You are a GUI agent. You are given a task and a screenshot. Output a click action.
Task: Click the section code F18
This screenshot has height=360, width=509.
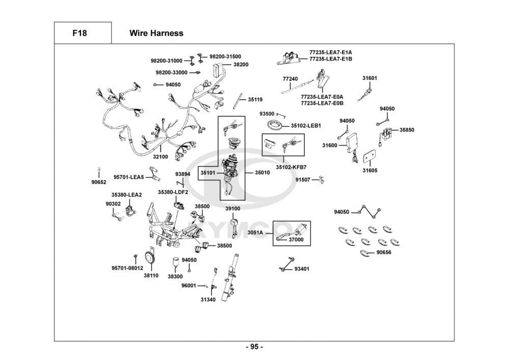click(79, 33)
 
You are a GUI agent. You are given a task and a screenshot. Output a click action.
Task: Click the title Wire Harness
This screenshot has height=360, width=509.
click(156, 33)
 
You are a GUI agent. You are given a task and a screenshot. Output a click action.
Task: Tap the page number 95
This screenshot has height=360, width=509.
click(254, 347)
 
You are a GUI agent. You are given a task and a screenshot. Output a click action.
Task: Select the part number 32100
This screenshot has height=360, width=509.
click(161, 157)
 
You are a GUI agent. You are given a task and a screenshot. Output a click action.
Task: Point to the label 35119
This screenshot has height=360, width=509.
click(256, 99)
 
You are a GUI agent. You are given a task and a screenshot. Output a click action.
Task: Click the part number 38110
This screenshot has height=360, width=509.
click(151, 275)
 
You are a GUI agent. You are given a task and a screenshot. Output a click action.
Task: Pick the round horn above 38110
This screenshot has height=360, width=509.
click(150, 258)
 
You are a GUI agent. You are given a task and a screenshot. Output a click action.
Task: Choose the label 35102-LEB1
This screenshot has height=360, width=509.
click(305, 126)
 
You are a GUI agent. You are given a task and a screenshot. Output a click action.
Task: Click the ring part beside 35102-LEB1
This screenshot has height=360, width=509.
click(276, 125)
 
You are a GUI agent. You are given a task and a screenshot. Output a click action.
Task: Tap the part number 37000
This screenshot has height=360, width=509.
click(296, 239)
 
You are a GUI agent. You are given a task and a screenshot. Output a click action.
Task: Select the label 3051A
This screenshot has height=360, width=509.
click(256, 233)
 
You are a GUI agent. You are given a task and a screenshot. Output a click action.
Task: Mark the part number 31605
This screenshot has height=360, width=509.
click(370, 171)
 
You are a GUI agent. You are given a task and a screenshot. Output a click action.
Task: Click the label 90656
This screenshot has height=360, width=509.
click(384, 252)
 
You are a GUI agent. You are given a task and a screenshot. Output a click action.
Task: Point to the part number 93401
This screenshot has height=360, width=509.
click(302, 268)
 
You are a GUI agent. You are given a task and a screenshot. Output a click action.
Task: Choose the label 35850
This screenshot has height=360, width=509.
click(407, 130)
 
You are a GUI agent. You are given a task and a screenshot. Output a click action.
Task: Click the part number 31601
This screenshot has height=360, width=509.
click(370, 78)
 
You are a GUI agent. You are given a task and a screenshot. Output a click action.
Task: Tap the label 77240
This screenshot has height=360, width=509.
click(290, 79)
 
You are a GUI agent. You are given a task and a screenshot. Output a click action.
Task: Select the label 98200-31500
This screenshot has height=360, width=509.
click(225, 57)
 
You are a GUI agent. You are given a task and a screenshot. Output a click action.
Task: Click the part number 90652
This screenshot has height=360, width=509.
click(99, 182)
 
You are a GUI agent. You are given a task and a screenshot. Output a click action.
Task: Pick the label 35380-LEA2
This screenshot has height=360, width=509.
click(127, 195)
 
